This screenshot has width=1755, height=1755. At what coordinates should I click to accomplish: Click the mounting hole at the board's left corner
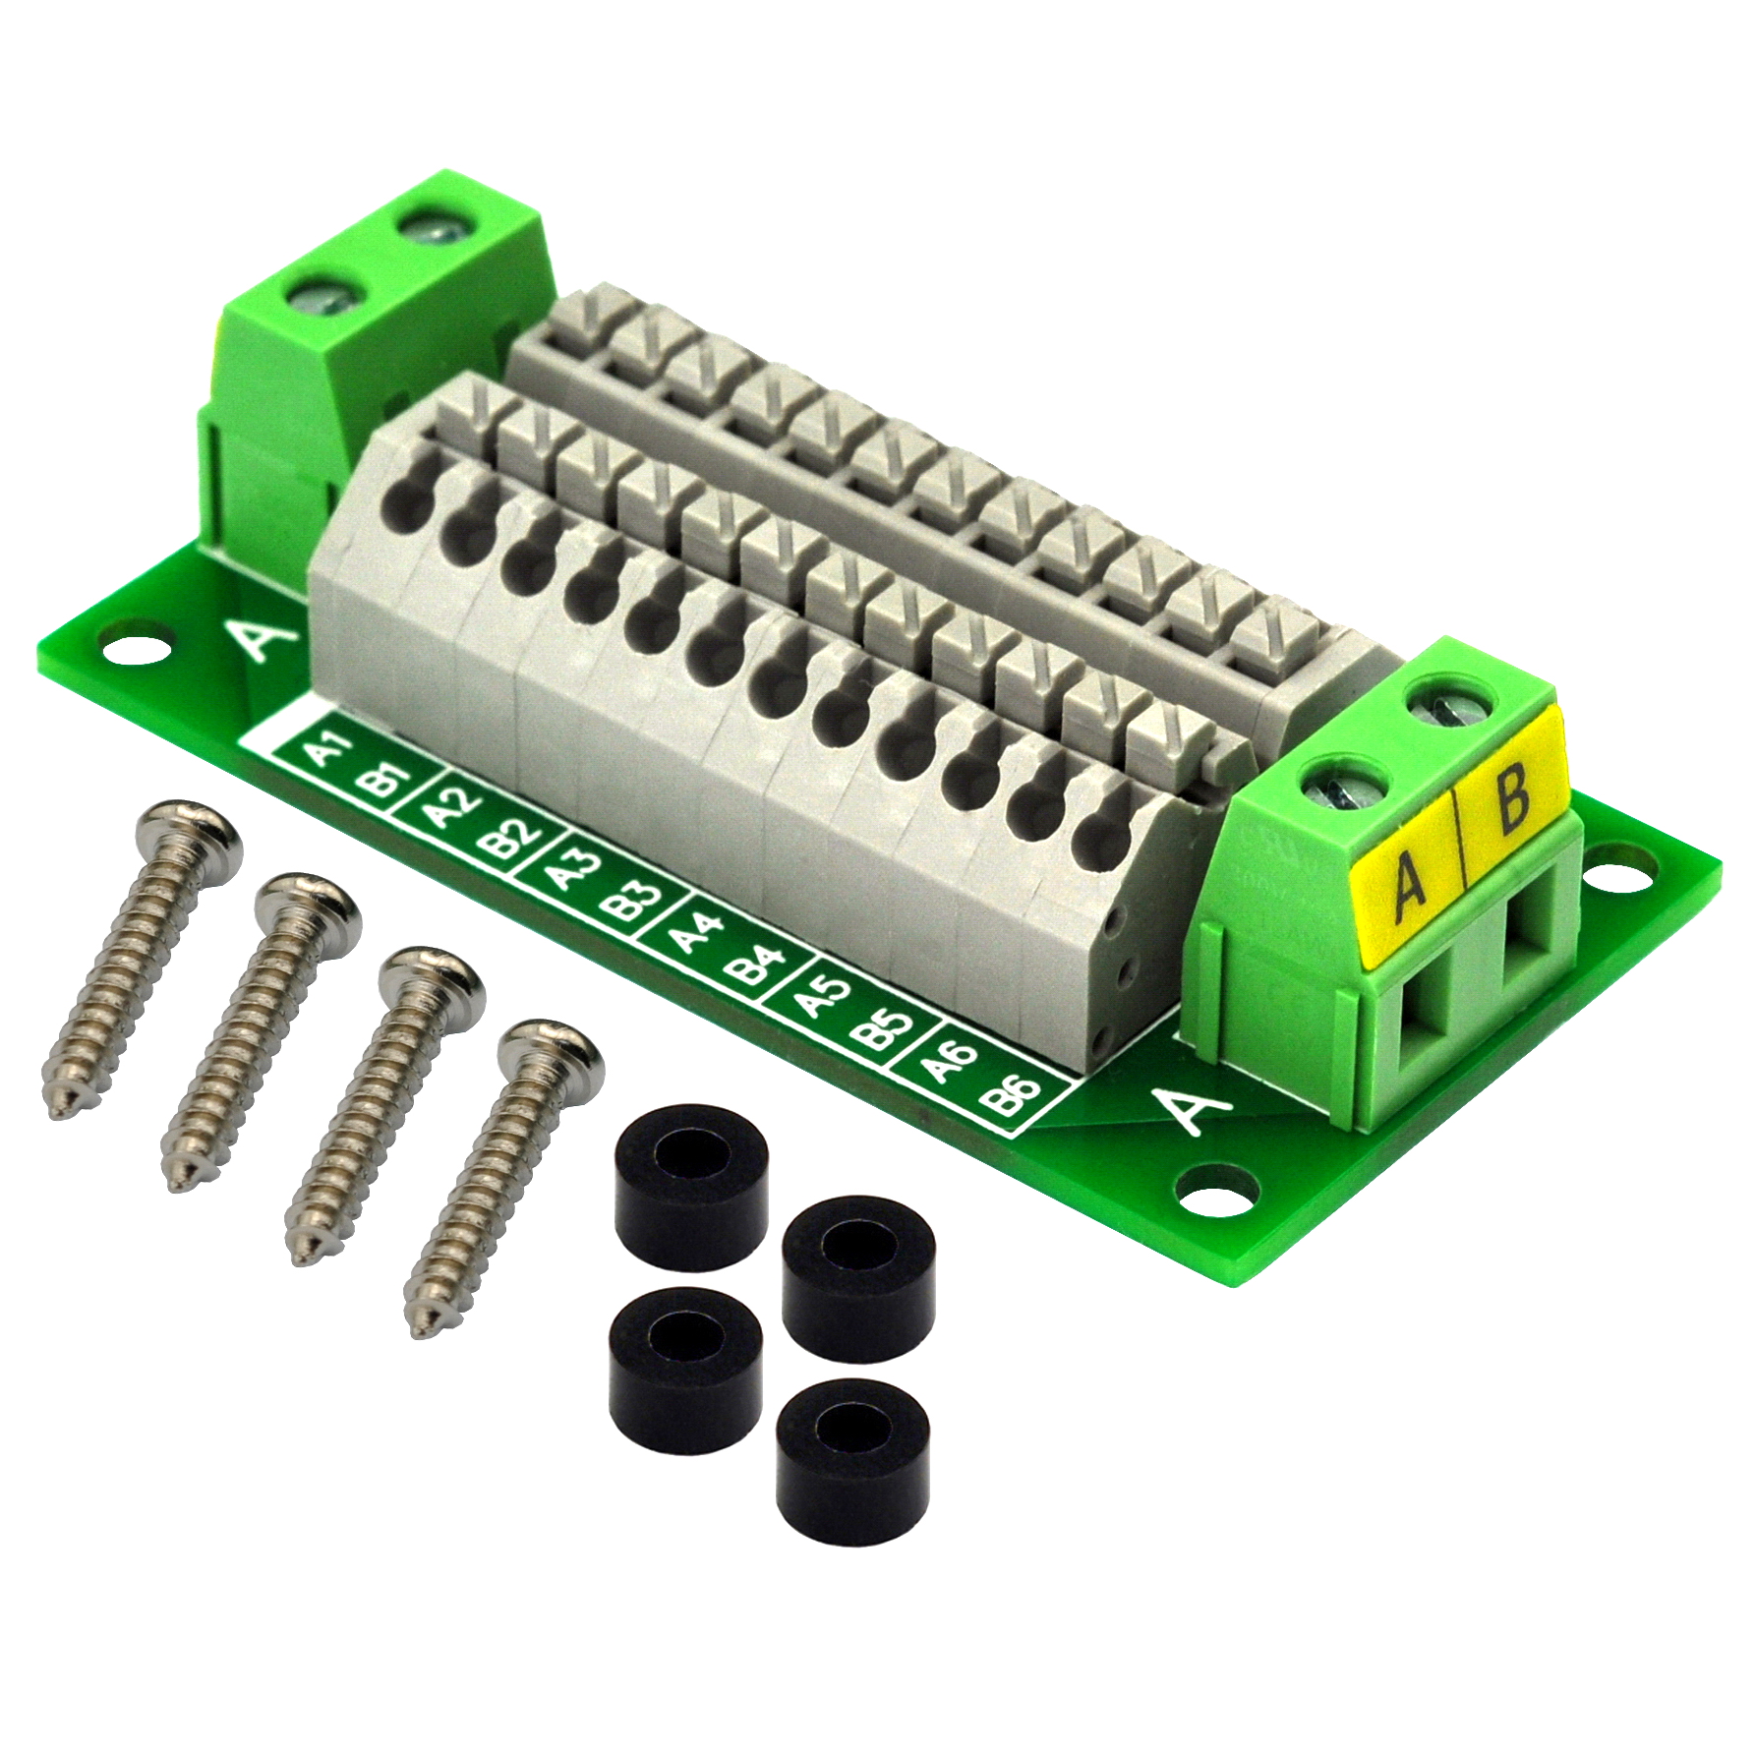click(x=125, y=647)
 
